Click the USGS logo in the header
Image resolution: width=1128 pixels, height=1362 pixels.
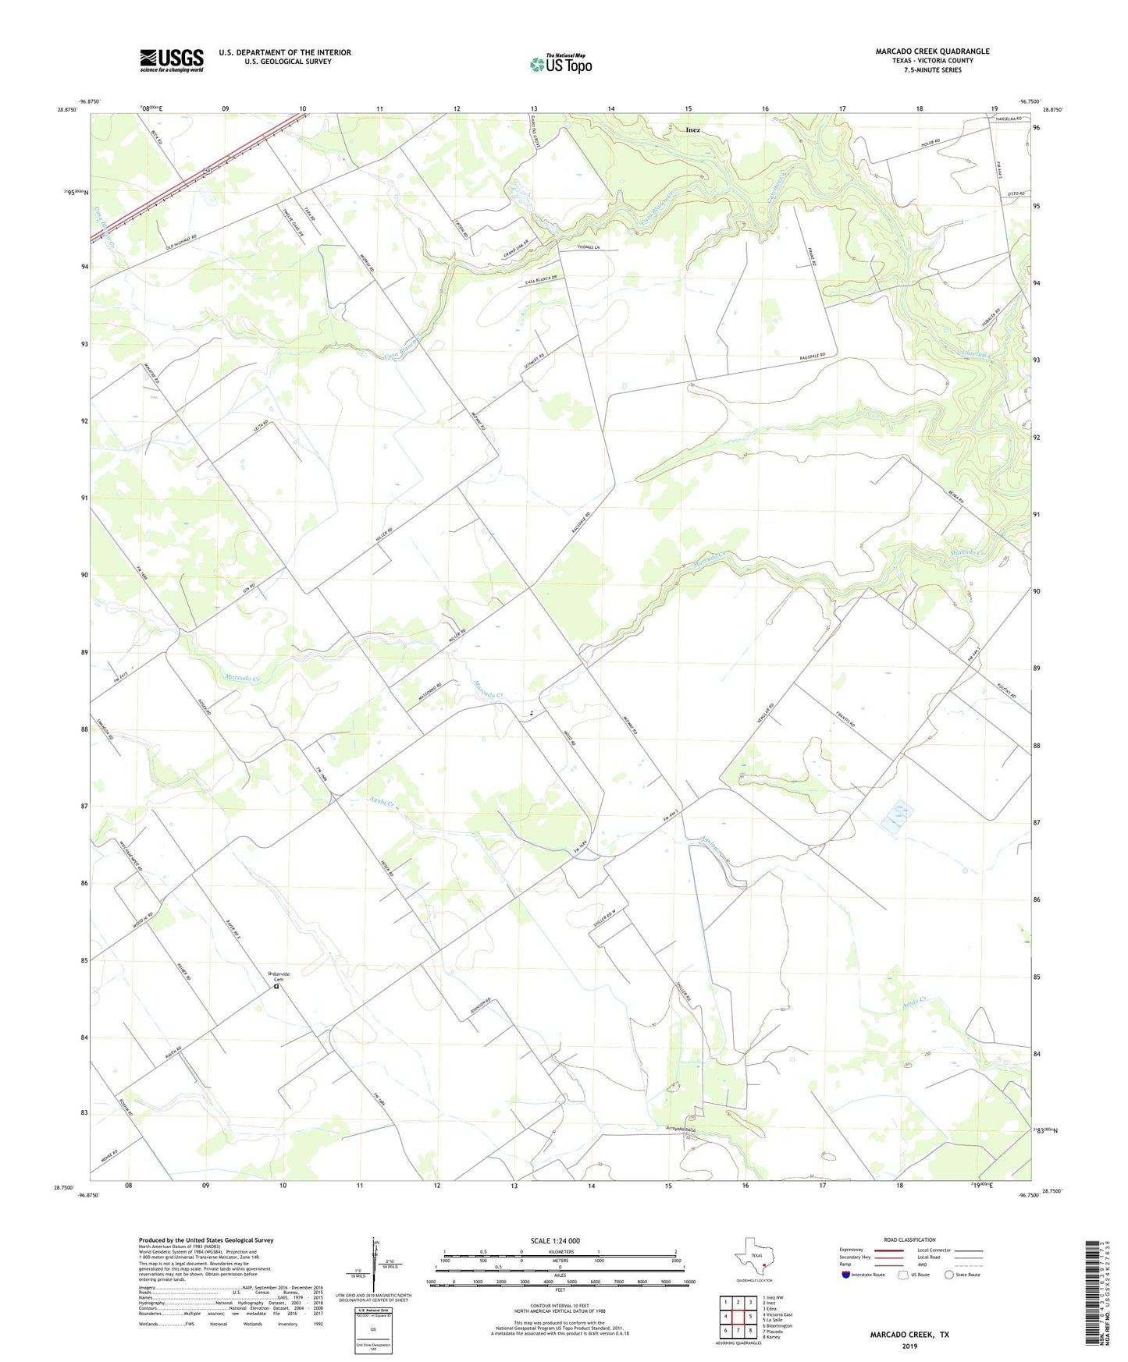coord(172,60)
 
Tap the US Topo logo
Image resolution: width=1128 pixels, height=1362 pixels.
coord(560,64)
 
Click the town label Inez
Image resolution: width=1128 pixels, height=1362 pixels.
coord(692,130)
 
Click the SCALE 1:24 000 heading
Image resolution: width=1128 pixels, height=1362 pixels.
coord(555,1241)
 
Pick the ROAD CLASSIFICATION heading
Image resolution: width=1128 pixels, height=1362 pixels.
coord(909,1240)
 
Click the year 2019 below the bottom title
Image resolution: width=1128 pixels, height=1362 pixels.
coord(909,1346)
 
